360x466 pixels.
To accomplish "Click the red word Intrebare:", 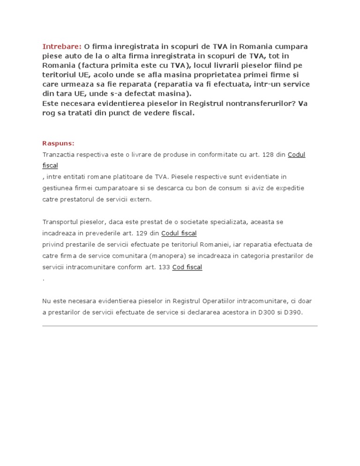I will coord(62,46).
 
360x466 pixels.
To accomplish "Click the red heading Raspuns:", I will coord(58,143).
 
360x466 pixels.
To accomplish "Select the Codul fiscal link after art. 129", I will coord(179,233).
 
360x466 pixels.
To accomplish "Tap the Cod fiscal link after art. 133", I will coord(187,267).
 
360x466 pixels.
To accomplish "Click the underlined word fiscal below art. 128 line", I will coord(50,165).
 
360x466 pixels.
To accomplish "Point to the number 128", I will coord(268,154).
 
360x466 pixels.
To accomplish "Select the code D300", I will coord(261,312).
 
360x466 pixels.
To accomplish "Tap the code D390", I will coord(293,312).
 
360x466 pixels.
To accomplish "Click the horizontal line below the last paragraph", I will coord(180,326).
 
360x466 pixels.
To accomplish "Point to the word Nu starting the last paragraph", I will coord(46,301).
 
